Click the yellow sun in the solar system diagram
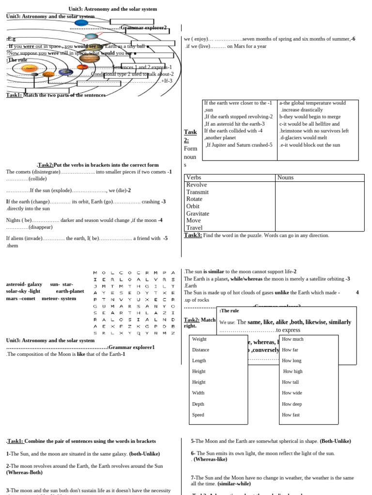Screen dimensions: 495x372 pos(31,68)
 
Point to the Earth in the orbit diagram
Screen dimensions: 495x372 pos(66,72)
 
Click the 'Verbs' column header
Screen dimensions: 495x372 pos(194,177)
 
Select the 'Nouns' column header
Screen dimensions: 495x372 pos(286,177)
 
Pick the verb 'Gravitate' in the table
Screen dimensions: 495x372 pos(198,213)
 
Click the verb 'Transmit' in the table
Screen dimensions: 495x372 pos(198,192)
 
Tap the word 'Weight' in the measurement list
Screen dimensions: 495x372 pos(199,339)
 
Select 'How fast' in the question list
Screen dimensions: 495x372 pos(291,415)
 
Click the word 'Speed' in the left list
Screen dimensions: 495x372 pos(198,415)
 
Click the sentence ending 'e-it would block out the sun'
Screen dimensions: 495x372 pos(310,145)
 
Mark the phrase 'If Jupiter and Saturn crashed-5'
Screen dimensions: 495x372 pos(239,145)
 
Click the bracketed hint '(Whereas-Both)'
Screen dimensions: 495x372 pos(21,472)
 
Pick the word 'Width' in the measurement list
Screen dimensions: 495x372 pos(199,393)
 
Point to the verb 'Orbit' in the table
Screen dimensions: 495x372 pos(194,206)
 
